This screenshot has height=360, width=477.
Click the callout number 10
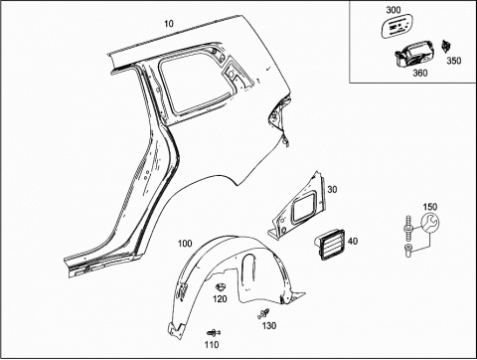click(169, 24)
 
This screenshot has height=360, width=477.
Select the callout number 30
click(332, 189)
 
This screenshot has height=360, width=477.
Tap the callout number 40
click(353, 241)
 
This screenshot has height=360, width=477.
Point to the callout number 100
click(185, 244)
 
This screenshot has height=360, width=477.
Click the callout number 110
click(212, 345)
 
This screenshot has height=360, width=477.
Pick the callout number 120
click(220, 299)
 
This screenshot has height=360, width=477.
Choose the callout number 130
click(269, 326)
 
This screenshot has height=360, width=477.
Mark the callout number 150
click(430, 207)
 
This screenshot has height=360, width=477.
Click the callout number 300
click(394, 10)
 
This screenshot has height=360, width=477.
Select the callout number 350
click(454, 61)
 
